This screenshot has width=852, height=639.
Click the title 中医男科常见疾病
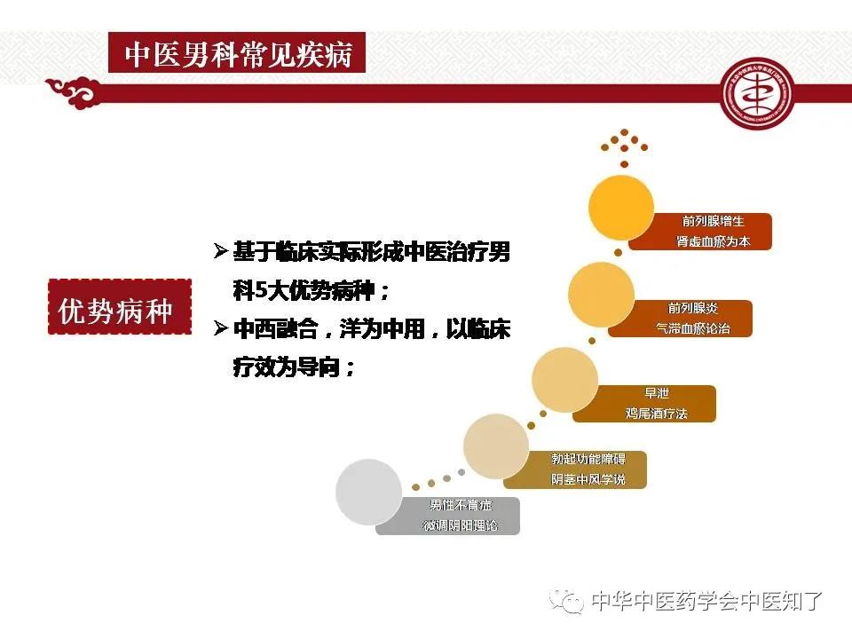(x=238, y=55)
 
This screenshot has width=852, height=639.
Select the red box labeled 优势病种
(x=120, y=307)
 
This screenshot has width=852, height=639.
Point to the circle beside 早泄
(x=564, y=380)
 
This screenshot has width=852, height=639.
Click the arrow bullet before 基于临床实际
(x=221, y=252)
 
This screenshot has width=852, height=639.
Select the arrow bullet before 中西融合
(x=221, y=330)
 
